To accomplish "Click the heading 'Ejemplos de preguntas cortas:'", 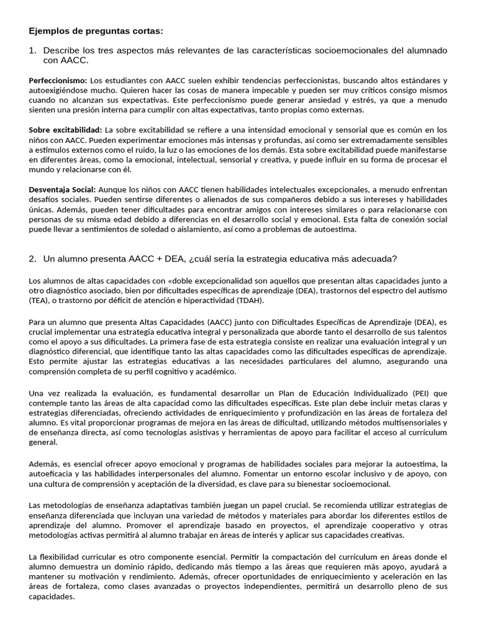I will point(96,31).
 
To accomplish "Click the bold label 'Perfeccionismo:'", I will point(58,81).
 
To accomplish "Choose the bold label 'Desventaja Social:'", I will point(62,189).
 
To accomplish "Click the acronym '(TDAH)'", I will point(247,301).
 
